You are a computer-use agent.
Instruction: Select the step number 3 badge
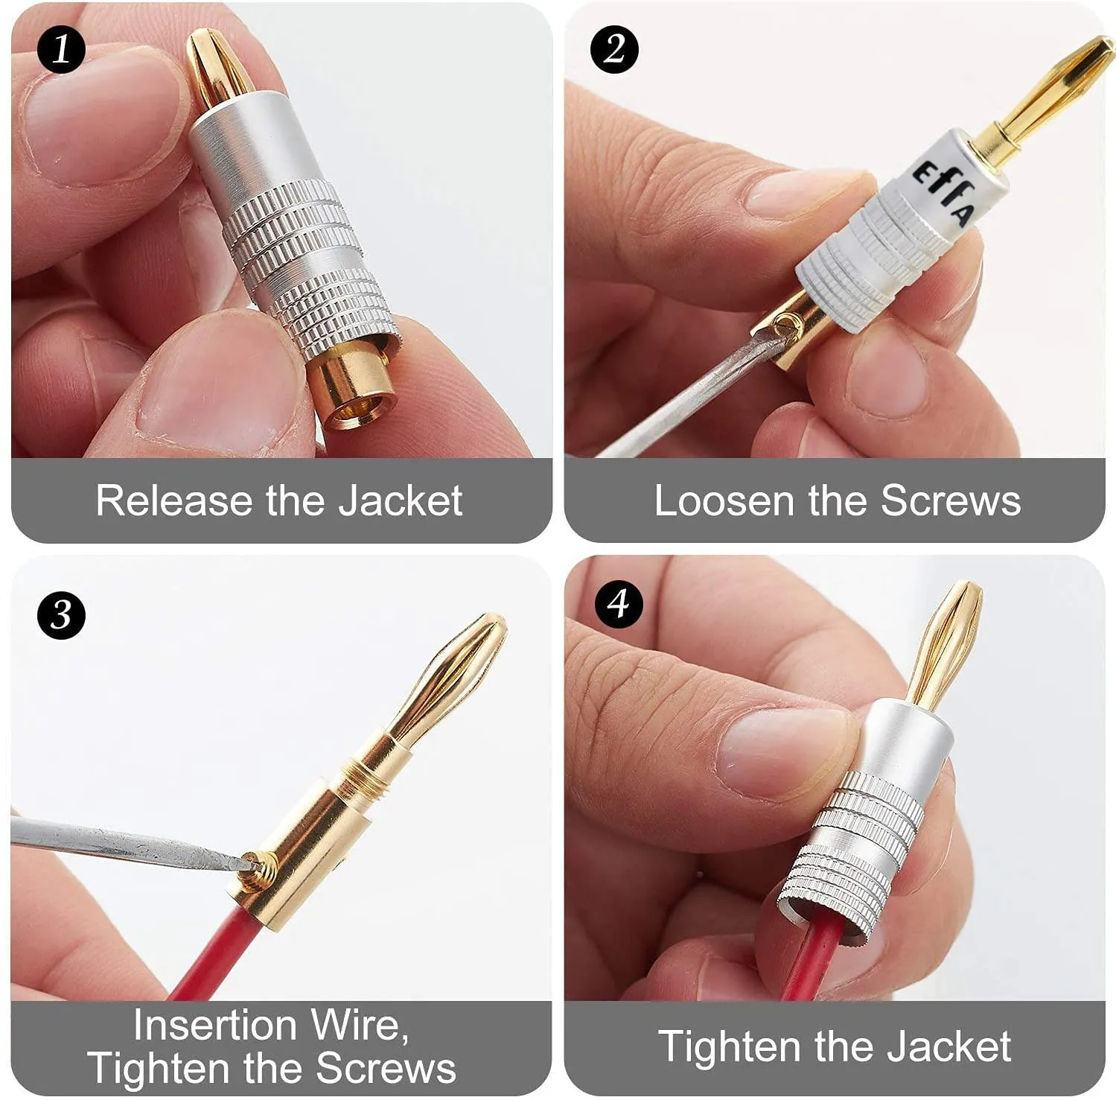61,614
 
